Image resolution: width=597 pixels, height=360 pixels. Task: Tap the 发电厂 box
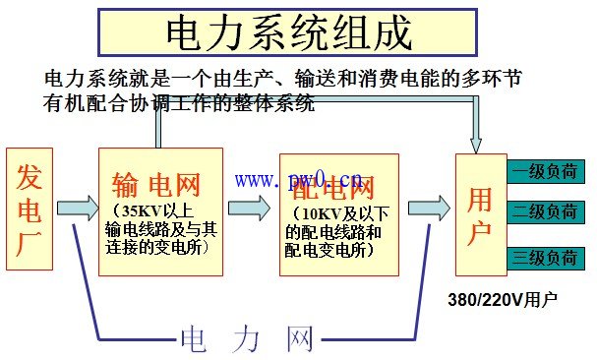[30, 208]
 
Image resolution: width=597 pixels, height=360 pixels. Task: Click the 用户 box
[479, 208]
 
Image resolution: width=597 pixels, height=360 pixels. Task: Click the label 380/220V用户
[503, 298]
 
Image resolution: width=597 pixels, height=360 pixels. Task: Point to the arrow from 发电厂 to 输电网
[76, 208]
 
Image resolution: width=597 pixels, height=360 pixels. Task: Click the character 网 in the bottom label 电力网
[300, 339]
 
